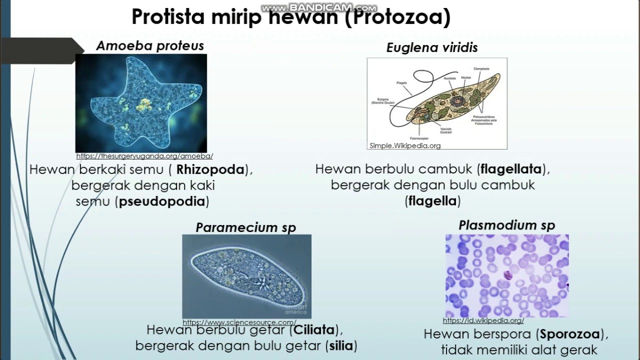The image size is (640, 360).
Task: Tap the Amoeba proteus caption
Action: point(150,46)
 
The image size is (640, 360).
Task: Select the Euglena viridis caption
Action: point(432,48)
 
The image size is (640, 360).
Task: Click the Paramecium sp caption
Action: point(246,228)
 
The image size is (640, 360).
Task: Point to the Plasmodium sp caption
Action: point(506,225)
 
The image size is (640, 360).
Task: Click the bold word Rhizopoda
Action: point(210,170)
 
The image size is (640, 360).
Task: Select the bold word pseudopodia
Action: point(162,201)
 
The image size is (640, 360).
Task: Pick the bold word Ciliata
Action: point(314,330)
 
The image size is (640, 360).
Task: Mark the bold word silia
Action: point(340,346)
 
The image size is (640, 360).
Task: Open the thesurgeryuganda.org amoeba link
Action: point(144,156)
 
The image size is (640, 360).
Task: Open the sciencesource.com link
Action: point(239,322)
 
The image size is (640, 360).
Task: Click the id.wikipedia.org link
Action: point(483,320)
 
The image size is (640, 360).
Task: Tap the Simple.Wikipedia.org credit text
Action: point(405,145)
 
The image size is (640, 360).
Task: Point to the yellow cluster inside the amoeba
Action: point(143,104)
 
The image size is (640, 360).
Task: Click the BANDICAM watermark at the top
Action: point(319,8)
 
